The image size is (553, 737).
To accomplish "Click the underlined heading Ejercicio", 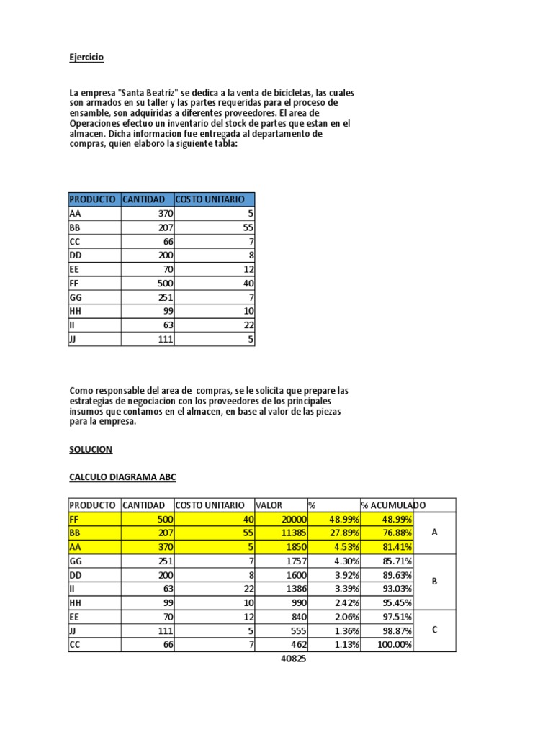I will pos(86,57).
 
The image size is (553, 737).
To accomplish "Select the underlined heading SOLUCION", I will pos(91,449).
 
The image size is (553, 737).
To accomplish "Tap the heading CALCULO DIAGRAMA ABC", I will pos(122,476).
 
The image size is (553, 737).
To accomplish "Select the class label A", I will pos(434,533).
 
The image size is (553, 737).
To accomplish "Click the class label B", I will pos(434,582).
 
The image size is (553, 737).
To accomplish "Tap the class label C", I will pos(434,630).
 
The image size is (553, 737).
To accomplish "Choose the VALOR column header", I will pos(269,505).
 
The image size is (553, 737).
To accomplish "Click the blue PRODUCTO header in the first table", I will pos(93,199).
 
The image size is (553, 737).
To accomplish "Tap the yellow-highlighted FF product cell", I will pos(94,519).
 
